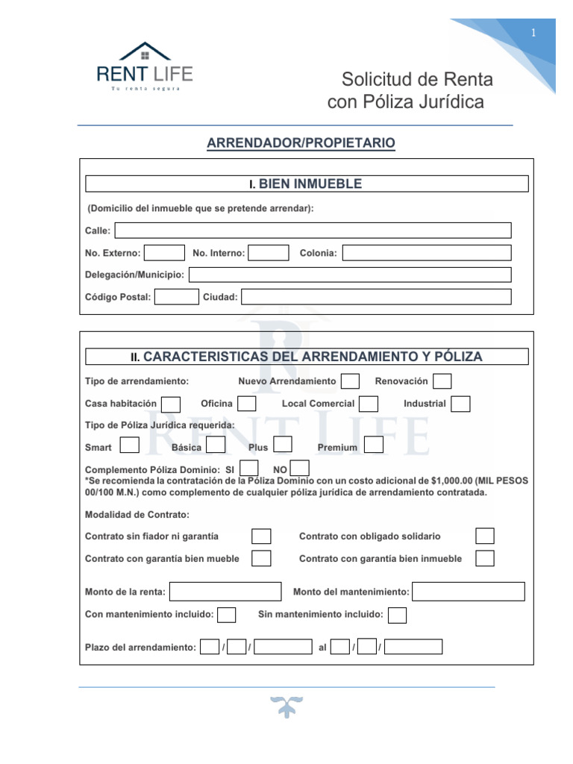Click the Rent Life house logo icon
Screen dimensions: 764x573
145,51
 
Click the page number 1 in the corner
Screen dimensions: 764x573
533,33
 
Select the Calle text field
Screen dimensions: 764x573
313,231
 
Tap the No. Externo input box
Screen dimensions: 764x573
164,253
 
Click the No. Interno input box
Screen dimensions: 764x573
268,253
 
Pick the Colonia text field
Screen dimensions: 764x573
427,253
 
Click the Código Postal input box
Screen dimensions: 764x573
177,297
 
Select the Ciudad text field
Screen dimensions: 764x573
377,297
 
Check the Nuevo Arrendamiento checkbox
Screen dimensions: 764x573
350,381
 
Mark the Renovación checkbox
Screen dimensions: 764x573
442,381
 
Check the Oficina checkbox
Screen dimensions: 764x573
247,404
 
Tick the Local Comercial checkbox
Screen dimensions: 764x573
369,404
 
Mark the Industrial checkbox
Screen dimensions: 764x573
460,404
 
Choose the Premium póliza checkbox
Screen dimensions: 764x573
374,445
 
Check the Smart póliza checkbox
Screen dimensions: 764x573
130,445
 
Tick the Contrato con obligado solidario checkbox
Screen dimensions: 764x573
485,536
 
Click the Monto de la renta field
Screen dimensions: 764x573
225,592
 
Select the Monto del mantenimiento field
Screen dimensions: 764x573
469,592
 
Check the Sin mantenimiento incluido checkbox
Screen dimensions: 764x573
398,615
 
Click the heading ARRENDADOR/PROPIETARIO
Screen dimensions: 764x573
301,143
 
